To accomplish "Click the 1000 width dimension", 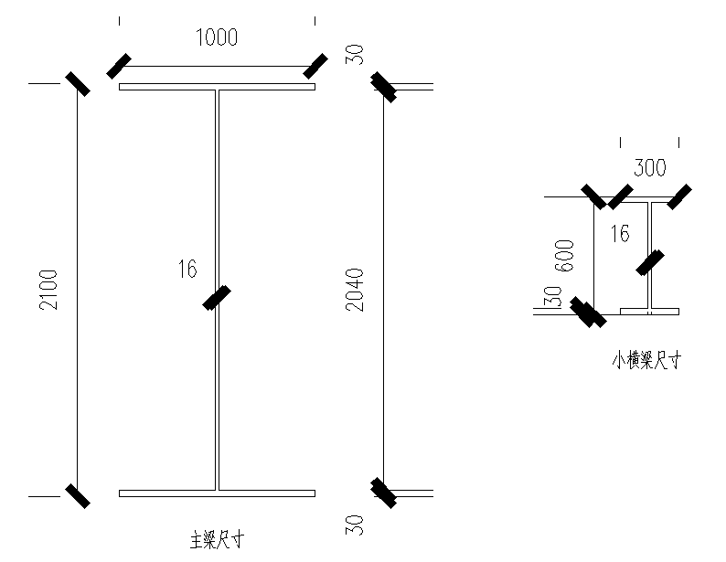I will (217, 37).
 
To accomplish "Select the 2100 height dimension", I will (48, 289).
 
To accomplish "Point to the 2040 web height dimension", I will (355, 289).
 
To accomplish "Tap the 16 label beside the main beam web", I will (187, 269).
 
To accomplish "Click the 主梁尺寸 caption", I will (217, 539).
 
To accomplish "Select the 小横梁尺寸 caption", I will (646, 360).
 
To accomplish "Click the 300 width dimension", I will (650, 167).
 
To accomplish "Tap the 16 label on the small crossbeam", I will (619, 234).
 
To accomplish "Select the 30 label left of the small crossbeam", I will (552, 299).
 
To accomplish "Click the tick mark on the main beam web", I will (217, 298).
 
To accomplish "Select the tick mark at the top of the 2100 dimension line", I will (77, 83).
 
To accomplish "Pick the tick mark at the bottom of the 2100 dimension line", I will (77, 495).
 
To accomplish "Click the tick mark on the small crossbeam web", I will (650, 262).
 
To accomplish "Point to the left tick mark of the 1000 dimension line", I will (119, 66).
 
